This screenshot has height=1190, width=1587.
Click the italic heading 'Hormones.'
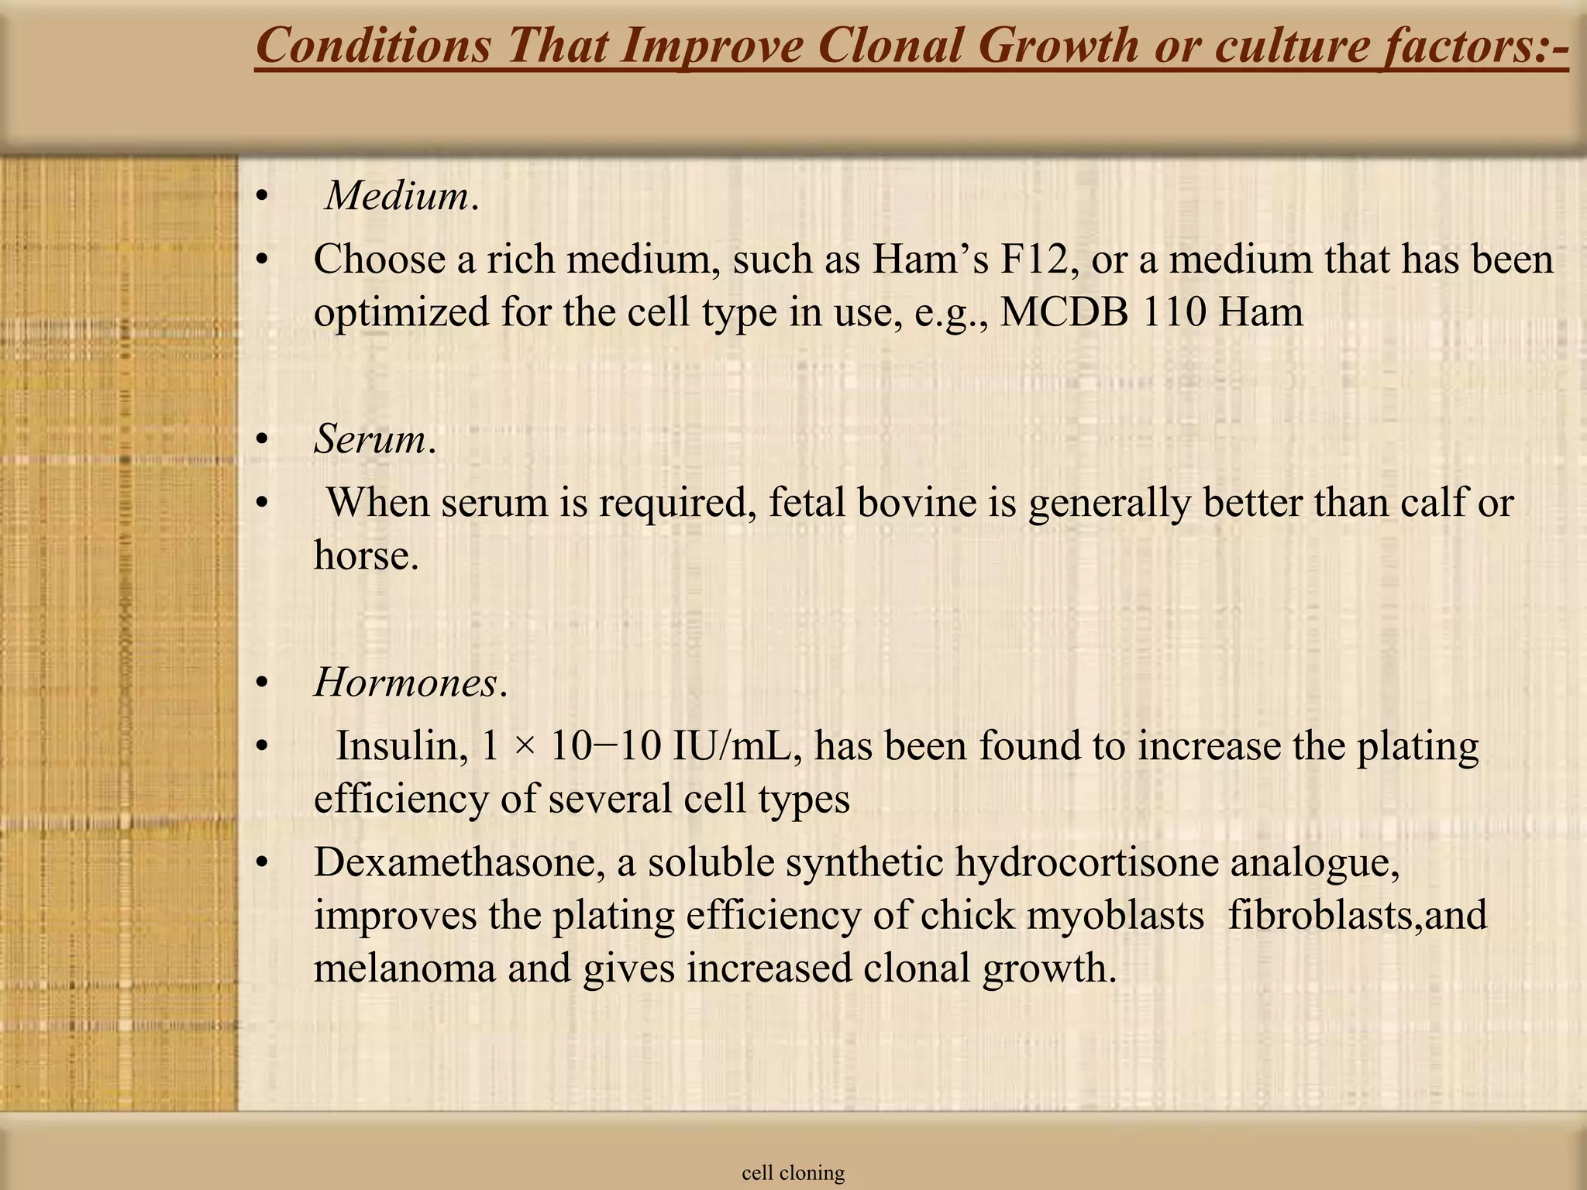pos(411,683)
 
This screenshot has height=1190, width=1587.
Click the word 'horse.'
pos(366,555)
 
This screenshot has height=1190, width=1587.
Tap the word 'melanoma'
pos(404,968)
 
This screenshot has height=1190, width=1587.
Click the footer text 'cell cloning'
pos(793,1173)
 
